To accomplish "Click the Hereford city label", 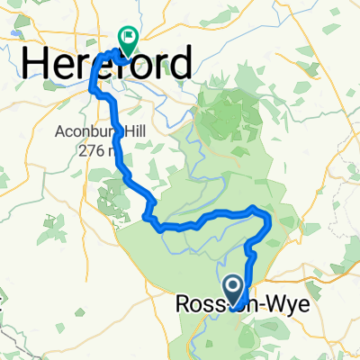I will point(105,64).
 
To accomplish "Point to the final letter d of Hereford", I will point(180,64).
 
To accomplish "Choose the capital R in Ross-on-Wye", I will point(178,306).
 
